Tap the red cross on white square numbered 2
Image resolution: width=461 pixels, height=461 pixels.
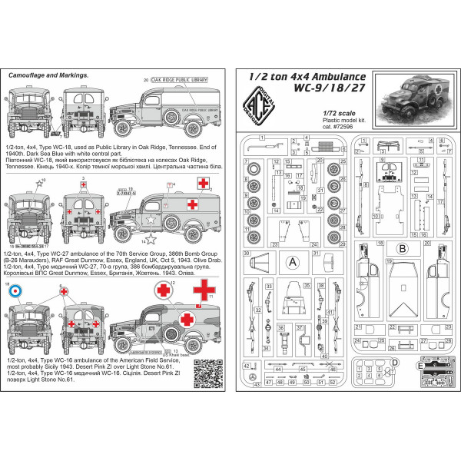[204, 184]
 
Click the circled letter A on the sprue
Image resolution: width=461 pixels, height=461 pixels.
[292, 260]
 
